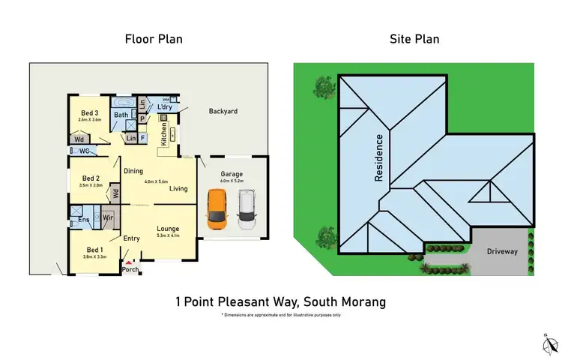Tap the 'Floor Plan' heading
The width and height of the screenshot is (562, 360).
coord(154,38)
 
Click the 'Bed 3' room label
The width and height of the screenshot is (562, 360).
coord(89,112)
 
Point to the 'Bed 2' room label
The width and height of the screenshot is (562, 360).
coord(91,178)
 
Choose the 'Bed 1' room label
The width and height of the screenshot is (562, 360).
coord(94,249)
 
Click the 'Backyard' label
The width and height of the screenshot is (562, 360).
coord(223,111)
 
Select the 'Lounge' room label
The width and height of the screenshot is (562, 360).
coord(167,229)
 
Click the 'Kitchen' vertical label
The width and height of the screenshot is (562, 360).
coord(164,133)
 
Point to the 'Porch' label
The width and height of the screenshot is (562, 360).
coord(130,269)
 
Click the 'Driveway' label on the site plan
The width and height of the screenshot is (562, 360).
coord(501,251)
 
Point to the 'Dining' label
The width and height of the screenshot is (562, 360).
coord(133,171)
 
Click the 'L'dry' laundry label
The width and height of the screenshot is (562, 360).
coord(165,107)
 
